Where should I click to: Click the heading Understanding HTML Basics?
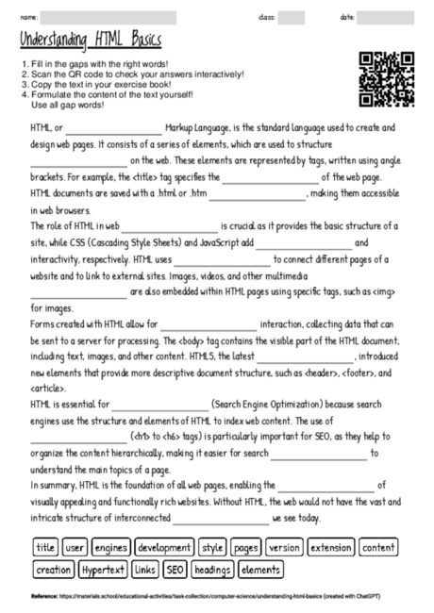tap(90, 43)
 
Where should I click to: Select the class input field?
tap(291, 17)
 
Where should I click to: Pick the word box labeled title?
tap(45, 547)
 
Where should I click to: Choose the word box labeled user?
tap(75, 547)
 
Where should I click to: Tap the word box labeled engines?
tap(111, 547)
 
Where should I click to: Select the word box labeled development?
tap(163, 547)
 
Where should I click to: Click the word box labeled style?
tap(212, 547)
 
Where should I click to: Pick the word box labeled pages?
tap(246, 547)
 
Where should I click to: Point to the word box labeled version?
tap(283, 547)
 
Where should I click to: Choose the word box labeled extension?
tap(330, 547)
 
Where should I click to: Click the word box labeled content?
tap(378, 547)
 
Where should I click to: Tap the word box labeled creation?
tap(53, 570)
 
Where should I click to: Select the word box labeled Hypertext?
tap(104, 570)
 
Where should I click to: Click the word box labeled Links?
tap(145, 570)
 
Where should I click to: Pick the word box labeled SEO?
tap(175, 570)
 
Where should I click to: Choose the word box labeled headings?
tap(212, 570)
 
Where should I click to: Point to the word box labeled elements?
tap(259, 570)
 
